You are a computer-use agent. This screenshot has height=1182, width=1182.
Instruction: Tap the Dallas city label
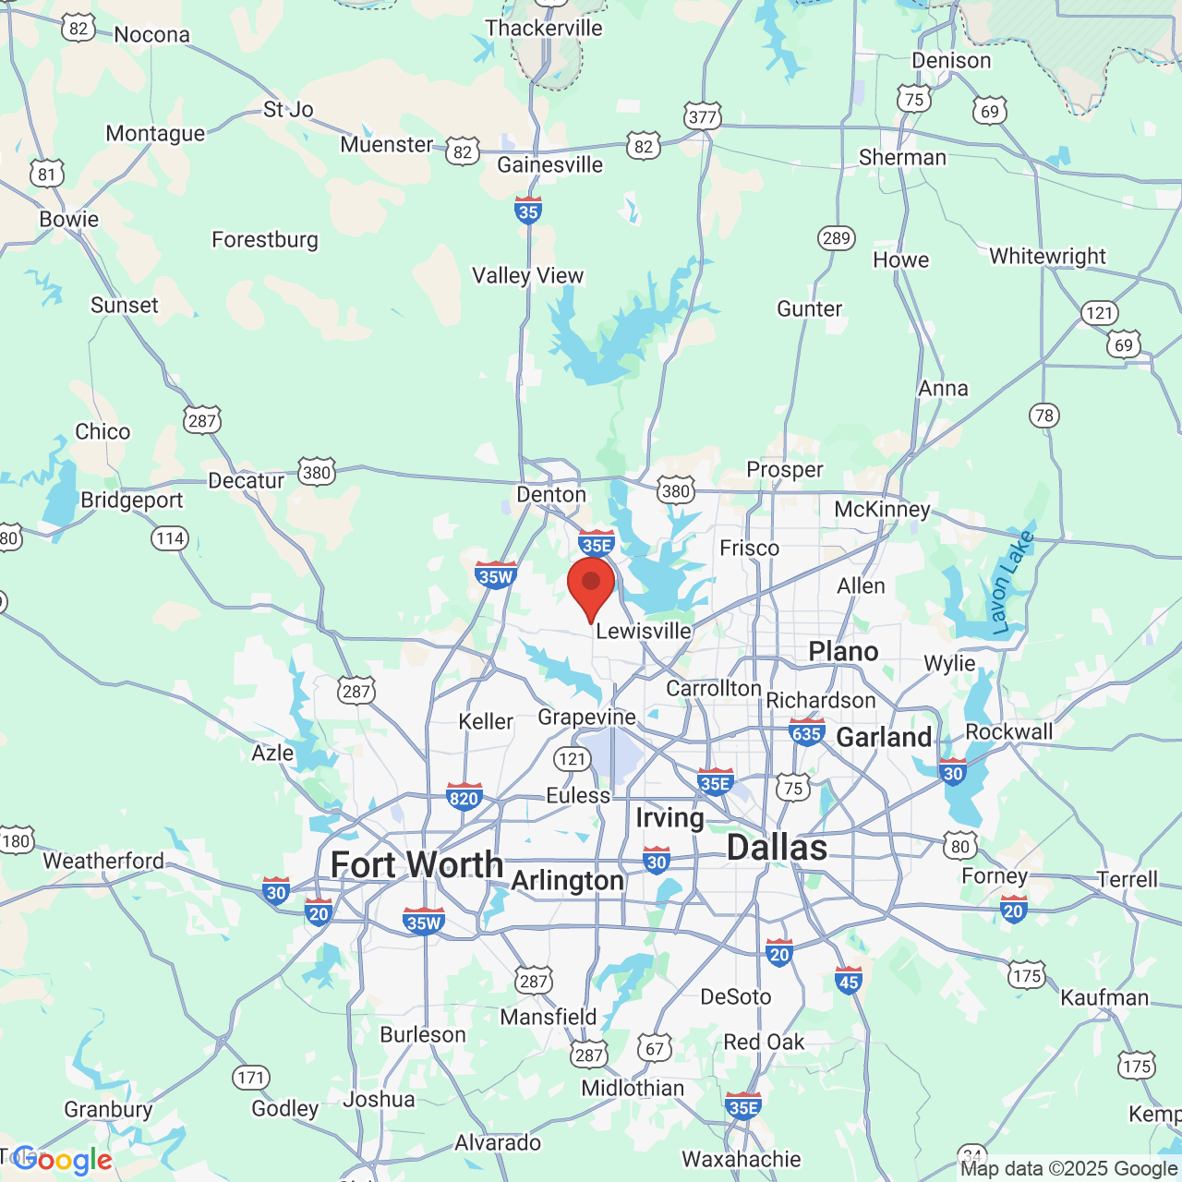click(777, 848)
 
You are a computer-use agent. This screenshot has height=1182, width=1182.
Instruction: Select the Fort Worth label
click(416, 865)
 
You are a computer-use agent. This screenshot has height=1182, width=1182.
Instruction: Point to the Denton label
click(551, 495)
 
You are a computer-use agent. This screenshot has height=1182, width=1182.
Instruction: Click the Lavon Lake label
click(1012, 583)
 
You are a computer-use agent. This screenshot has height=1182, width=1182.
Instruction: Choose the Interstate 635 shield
click(806, 733)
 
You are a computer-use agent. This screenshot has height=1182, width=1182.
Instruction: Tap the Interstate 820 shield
click(464, 797)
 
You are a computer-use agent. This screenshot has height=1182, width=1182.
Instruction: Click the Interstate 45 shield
click(849, 981)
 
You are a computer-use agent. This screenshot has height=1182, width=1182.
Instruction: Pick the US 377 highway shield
click(703, 116)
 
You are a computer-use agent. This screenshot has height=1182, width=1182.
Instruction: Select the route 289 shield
click(836, 238)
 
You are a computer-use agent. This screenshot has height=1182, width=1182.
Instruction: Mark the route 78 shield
click(1044, 416)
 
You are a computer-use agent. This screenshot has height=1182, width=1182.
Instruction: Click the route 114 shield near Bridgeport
click(170, 538)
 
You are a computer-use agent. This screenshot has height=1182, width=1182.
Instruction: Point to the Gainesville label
click(549, 165)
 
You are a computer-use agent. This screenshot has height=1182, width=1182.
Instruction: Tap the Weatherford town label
click(103, 862)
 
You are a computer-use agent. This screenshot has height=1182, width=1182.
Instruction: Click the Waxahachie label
click(742, 1159)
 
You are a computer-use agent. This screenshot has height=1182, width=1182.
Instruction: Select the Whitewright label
click(1047, 256)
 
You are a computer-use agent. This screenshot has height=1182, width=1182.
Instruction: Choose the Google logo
click(63, 1160)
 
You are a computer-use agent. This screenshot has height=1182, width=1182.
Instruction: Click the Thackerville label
click(544, 29)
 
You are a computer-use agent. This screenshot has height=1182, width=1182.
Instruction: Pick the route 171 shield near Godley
click(250, 1077)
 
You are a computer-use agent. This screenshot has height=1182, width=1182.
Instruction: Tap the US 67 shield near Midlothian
click(655, 1048)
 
